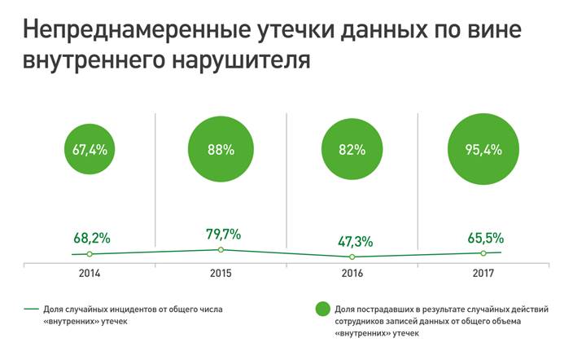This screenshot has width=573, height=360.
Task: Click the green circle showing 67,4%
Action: (x=90, y=150)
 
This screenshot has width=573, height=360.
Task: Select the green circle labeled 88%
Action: (x=221, y=150)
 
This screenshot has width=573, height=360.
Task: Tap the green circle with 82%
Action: (x=352, y=150)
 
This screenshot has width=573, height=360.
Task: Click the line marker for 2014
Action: (x=90, y=254)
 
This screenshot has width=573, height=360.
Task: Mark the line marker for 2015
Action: (x=221, y=249)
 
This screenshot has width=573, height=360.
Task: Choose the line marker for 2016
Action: (x=352, y=257)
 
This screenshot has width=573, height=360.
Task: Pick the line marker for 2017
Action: (x=483, y=252)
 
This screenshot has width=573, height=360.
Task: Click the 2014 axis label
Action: (x=90, y=274)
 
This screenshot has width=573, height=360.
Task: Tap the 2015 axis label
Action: (x=221, y=274)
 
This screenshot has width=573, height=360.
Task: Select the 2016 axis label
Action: (x=352, y=274)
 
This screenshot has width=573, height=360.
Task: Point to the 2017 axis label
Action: (x=483, y=274)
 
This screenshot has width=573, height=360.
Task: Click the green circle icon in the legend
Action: (x=322, y=309)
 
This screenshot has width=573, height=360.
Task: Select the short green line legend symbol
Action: (x=33, y=309)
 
